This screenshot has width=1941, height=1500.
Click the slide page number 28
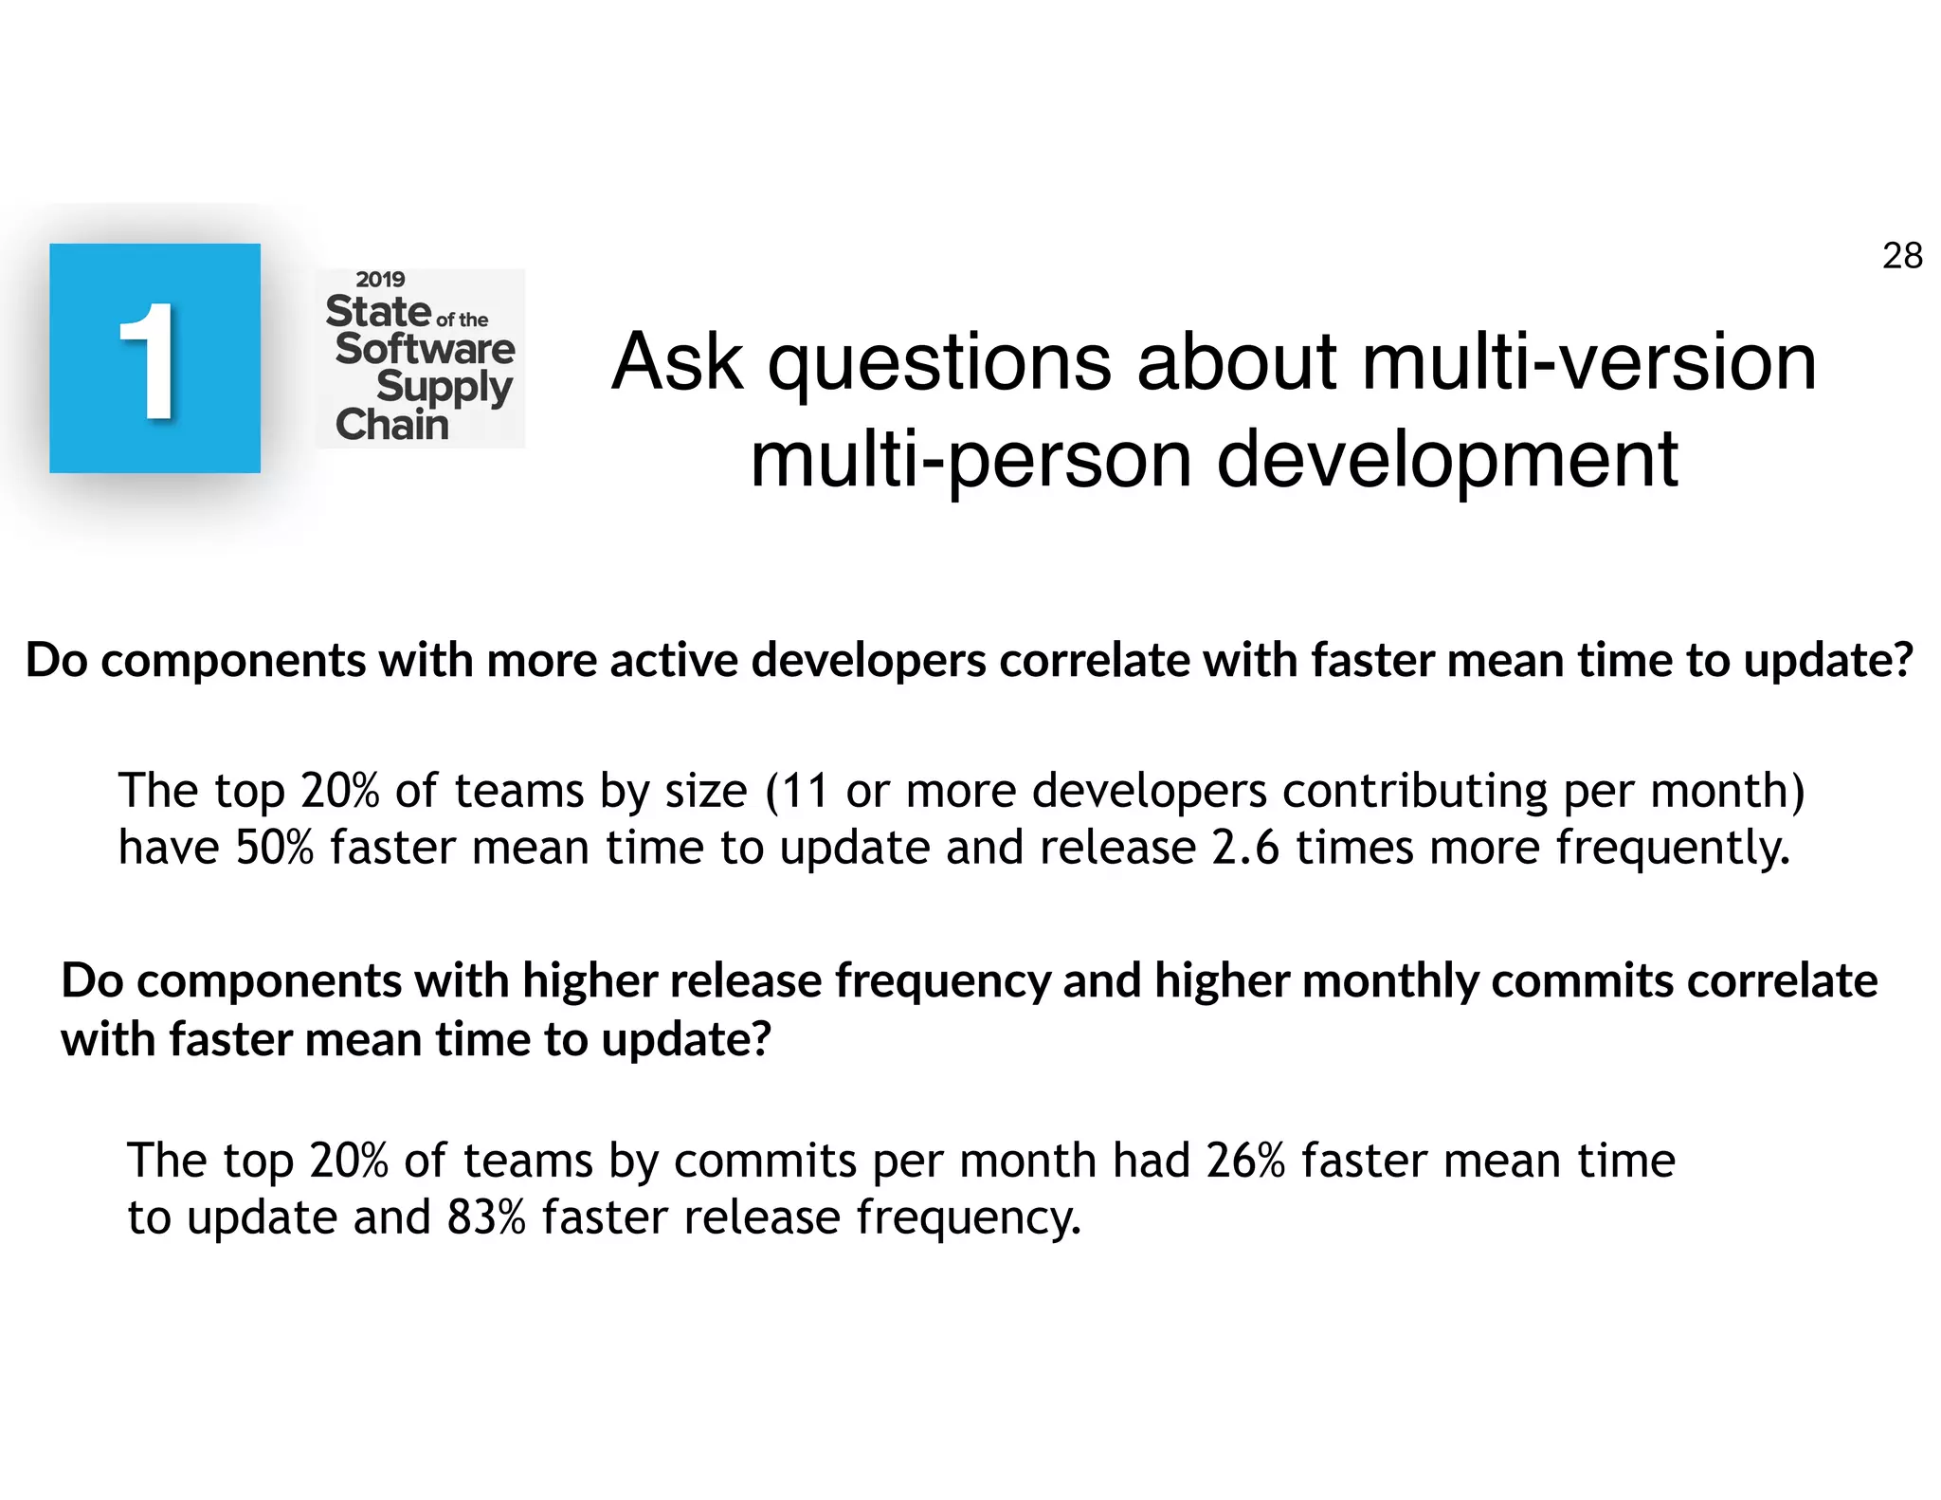1901,256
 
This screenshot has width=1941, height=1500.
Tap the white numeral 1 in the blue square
150,361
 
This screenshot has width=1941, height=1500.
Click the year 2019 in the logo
380,280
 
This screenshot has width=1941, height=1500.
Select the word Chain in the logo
391,425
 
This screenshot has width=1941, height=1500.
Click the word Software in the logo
425,349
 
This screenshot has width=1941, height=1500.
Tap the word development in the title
1447,460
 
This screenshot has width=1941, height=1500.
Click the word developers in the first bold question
868,660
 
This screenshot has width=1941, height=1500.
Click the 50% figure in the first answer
274,848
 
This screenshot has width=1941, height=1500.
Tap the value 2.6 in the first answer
1245,848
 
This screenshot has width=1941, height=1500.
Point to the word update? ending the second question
686,1040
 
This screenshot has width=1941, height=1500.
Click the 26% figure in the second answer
1245,1161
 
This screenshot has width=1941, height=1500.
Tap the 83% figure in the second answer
486,1217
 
